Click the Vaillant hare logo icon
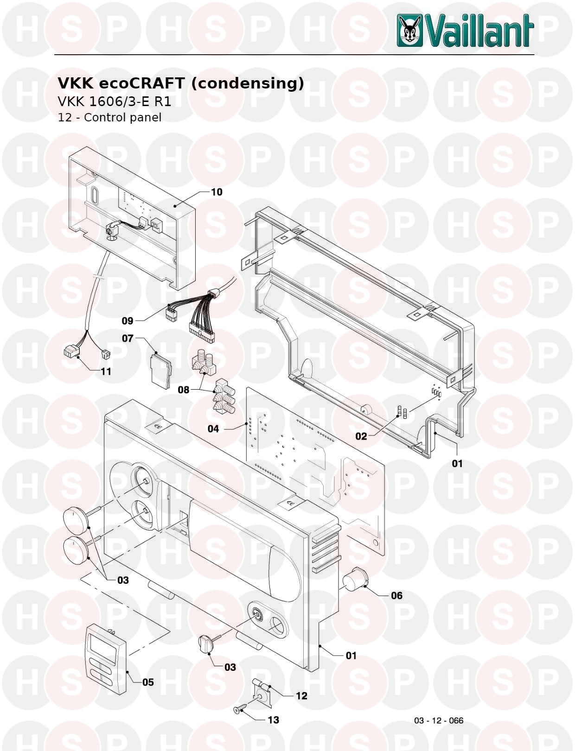(x=409, y=30)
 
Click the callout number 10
(x=217, y=192)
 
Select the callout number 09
(x=128, y=321)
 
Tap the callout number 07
(x=128, y=338)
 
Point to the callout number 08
(x=184, y=390)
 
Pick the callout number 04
(x=213, y=429)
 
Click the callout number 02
(x=361, y=436)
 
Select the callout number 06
(x=396, y=596)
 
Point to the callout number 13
(x=273, y=720)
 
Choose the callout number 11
(x=106, y=372)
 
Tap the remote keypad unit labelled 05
(x=105, y=659)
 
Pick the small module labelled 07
(x=160, y=370)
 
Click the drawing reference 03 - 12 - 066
(x=439, y=720)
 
